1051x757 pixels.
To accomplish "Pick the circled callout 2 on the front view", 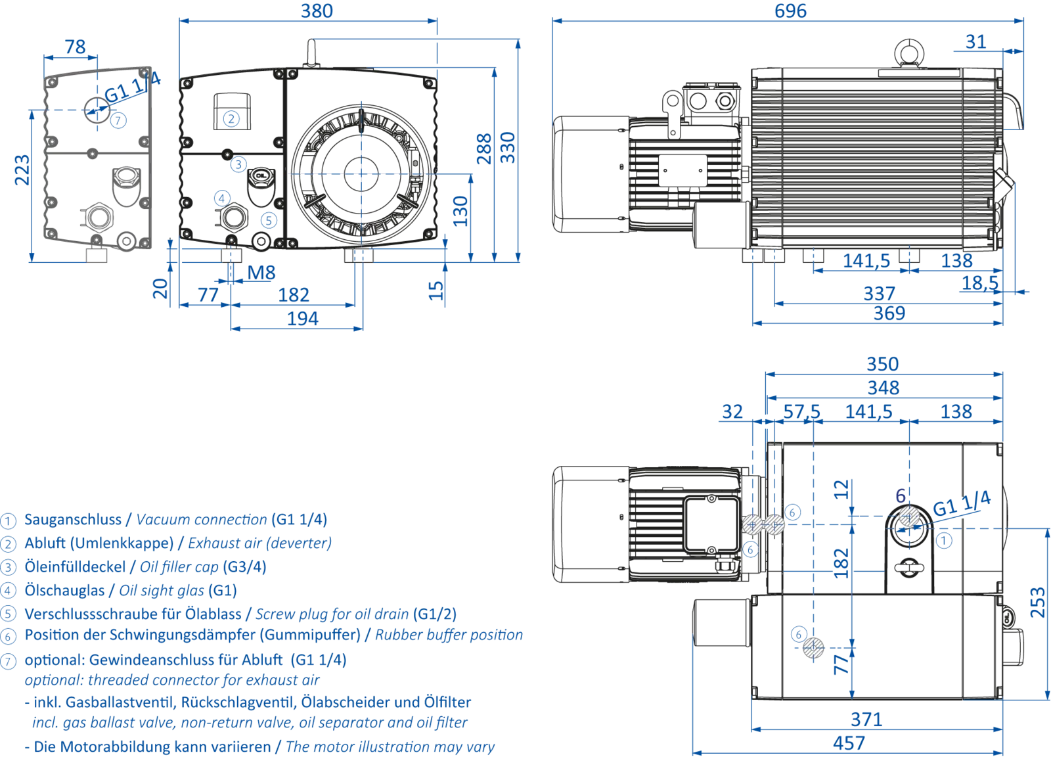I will (231, 118).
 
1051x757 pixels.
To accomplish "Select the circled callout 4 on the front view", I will (222, 196).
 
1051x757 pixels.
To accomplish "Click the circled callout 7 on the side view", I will (118, 120).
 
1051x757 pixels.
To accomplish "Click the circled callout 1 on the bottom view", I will (944, 540).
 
